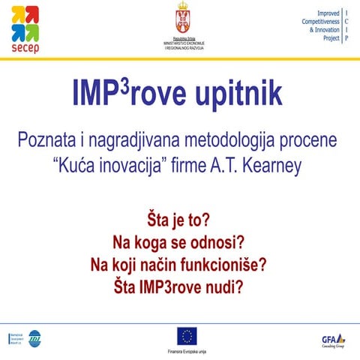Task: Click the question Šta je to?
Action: click(179, 222)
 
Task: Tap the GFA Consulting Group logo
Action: click(333, 339)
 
